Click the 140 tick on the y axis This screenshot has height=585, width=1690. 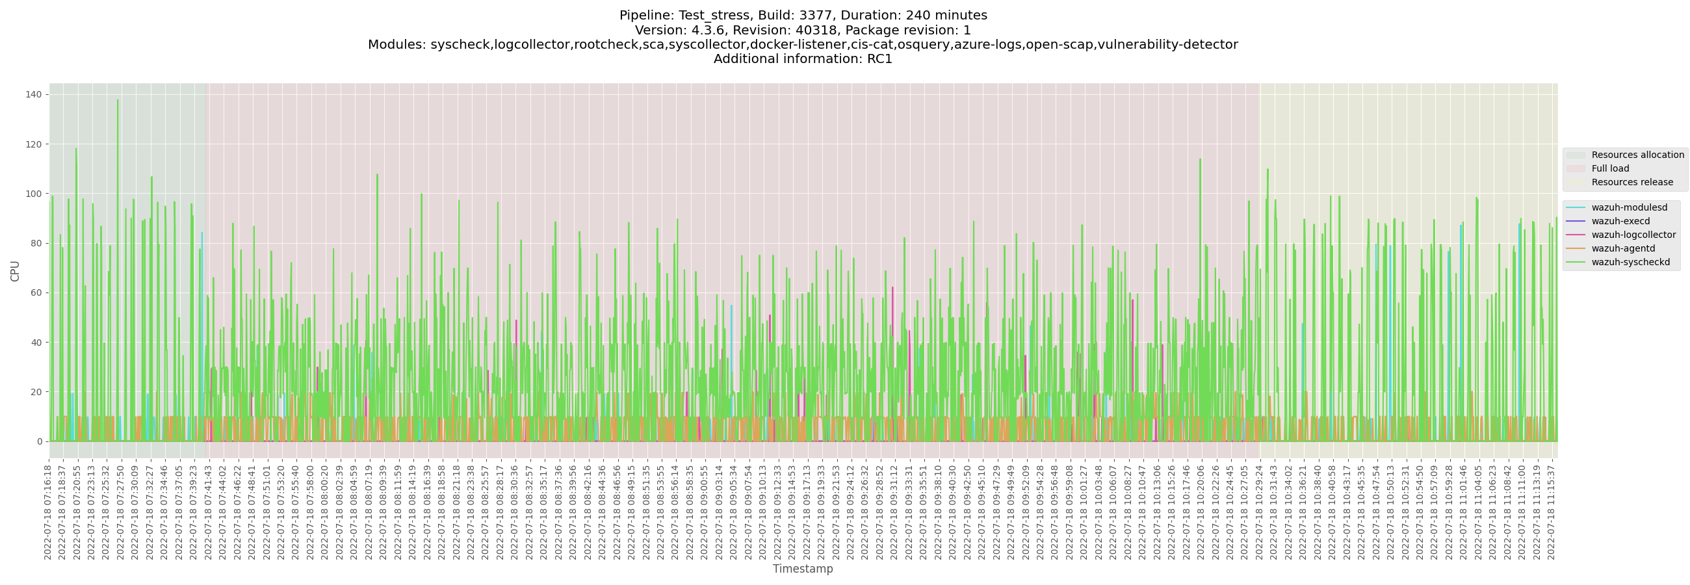click(34, 94)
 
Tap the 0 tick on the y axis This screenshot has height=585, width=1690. click(40, 441)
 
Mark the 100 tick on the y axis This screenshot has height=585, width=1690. click(34, 194)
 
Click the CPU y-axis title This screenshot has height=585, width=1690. click(15, 271)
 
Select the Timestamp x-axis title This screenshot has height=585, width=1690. click(802, 569)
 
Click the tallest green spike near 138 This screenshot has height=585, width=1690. click(118, 101)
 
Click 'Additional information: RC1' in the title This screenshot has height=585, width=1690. click(802, 59)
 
